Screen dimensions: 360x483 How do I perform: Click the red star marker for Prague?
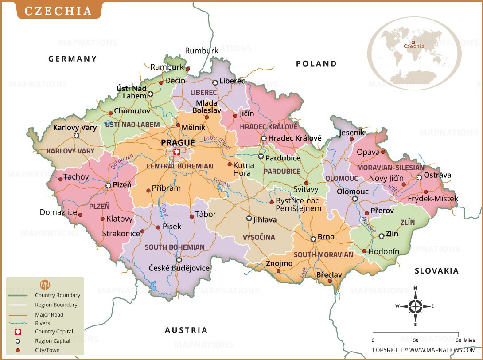click(x=177, y=152)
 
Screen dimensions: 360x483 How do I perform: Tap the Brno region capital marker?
click(x=313, y=239)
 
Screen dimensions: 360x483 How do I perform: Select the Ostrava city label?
click(x=437, y=175)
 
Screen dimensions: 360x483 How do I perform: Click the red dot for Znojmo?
click(x=278, y=271)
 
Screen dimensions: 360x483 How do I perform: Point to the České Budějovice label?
click(x=179, y=268)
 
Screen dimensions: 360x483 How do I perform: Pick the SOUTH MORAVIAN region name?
click(x=323, y=254)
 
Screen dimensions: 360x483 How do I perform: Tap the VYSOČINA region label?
click(x=259, y=237)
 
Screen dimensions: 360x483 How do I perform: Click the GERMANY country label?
click(x=73, y=59)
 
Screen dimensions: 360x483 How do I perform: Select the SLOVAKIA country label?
click(x=436, y=270)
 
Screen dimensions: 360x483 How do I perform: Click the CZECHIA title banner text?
click(x=58, y=11)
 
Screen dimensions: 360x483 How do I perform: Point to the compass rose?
click(x=415, y=306)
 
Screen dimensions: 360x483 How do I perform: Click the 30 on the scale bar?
click(x=416, y=340)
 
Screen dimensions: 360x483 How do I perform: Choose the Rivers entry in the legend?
click(x=43, y=323)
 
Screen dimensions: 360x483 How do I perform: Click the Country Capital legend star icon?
click(x=18, y=332)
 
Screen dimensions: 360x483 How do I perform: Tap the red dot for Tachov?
click(x=60, y=179)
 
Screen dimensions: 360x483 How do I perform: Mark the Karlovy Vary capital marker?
click(x=76, y=136)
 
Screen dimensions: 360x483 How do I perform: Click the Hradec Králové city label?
click(x=295, y=138)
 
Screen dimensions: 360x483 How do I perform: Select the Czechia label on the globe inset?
click(x=413, y=46)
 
